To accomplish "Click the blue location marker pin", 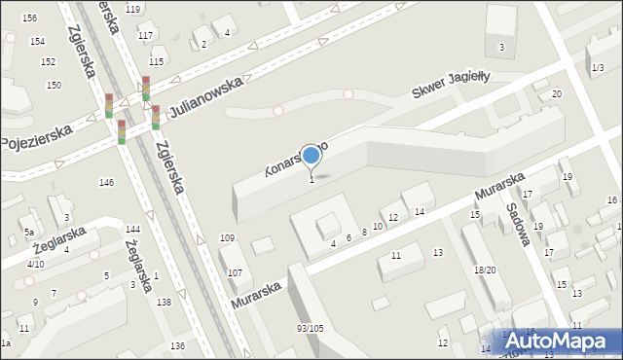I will pyautogui.click(x=311, y=156).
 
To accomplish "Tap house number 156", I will pyautogui.click(x=29, y=18).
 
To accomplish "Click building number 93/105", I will pyautogui.click(x=310, y=328).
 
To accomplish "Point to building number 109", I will pyautogui.click(x=227, y=238).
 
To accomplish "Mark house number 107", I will pyautogui.click(x=234, y=273).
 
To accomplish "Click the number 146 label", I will pyautogui.click(x=107, y=183).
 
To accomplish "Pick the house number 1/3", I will pyautogui.click(x=597, y=66).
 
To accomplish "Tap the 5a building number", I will pyautogui.click(x=29, y=233).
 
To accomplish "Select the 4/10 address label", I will pyautogui.click(x=35, y=265).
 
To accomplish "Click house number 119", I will pyautogui.click(x=132, y=9).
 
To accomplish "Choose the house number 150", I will pyautogui.click(x=53, y=86).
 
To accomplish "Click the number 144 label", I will pyautogui.click(x=131, y=229).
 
